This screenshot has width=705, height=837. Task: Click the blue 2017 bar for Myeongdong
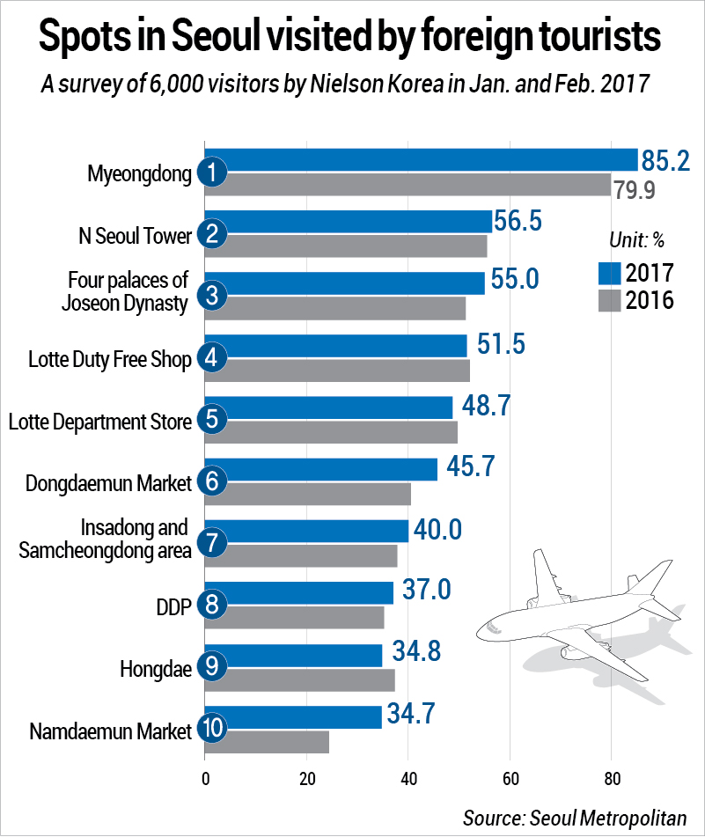[422, 159]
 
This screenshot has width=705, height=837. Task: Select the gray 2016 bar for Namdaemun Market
[268, 742]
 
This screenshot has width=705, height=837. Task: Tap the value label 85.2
[665, 160]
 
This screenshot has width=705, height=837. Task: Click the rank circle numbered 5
[212, 420]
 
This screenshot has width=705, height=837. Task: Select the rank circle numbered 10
[212, 729]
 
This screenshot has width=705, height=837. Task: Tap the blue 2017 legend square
[609, 273]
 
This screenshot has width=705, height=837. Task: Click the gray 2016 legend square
[609, 301]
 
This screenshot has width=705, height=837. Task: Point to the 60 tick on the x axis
[509, 778]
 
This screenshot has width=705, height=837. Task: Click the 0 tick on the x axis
[205, 778]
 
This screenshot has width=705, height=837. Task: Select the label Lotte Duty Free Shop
[109, 360]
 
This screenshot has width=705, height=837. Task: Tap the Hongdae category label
[155, 669]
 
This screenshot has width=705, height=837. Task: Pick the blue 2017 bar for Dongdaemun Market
[321, 469]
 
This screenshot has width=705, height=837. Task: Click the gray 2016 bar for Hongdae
[300, 680]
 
